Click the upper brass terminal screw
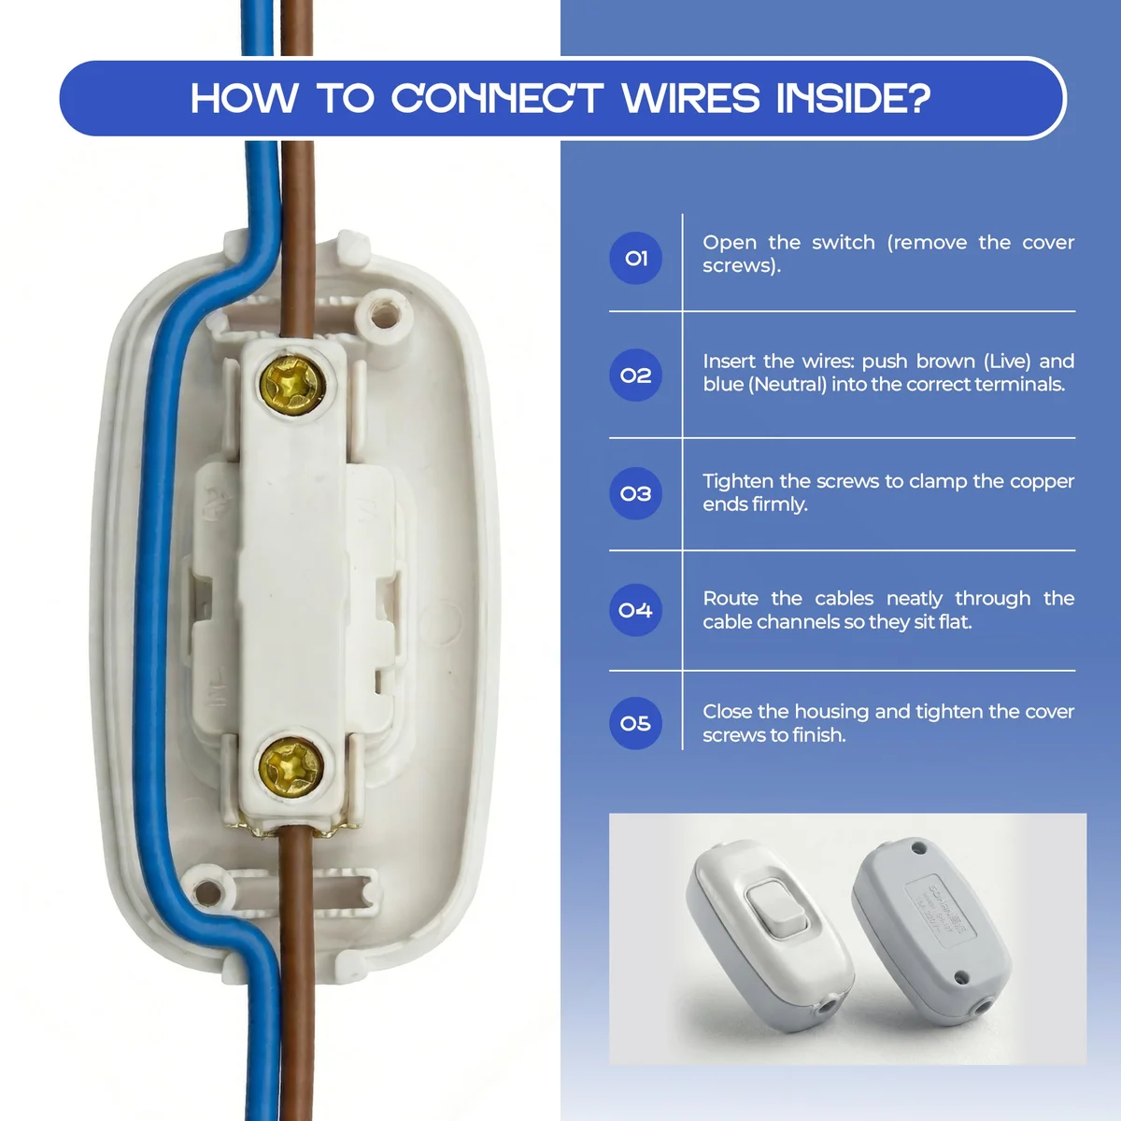292,383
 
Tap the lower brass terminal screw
291,765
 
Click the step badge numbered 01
636,258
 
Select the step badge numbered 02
636,376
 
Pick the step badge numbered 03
636,493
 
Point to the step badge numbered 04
636,610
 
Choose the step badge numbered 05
636,723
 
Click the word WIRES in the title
691,98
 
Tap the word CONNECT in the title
496,98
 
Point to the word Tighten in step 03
738,482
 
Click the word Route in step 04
731,599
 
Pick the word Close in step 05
728,712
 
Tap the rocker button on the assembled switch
777,907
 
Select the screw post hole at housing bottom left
208,892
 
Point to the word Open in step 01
729,243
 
